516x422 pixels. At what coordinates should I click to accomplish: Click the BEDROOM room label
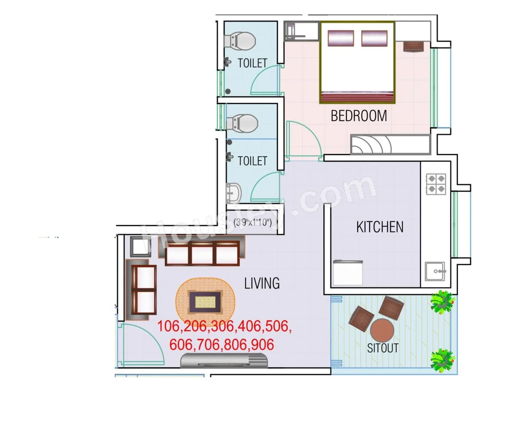point(358,116)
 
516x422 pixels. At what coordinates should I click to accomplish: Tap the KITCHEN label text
point(380,227)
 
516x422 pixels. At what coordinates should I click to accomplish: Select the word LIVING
point(262,283)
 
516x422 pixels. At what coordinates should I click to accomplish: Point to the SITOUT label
point(383,348)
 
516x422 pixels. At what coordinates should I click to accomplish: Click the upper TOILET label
point(252,63)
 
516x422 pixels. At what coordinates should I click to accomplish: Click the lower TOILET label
point(252,161)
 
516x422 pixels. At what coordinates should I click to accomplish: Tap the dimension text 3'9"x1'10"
point(253,222)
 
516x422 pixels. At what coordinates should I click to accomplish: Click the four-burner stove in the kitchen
point(436,184)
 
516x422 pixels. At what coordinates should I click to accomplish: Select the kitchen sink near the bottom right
point(435,272)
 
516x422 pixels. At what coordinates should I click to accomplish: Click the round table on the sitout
point(382,330)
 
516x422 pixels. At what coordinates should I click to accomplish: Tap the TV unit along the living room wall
point(224,360)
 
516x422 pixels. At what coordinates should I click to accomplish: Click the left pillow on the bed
point(341,38)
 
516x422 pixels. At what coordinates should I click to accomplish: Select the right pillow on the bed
point(374,38)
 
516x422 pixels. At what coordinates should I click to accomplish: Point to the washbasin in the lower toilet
point(233,193)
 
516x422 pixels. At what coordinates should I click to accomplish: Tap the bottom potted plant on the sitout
point(443,360)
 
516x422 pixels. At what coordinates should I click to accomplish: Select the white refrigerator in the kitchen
point(347,273)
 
